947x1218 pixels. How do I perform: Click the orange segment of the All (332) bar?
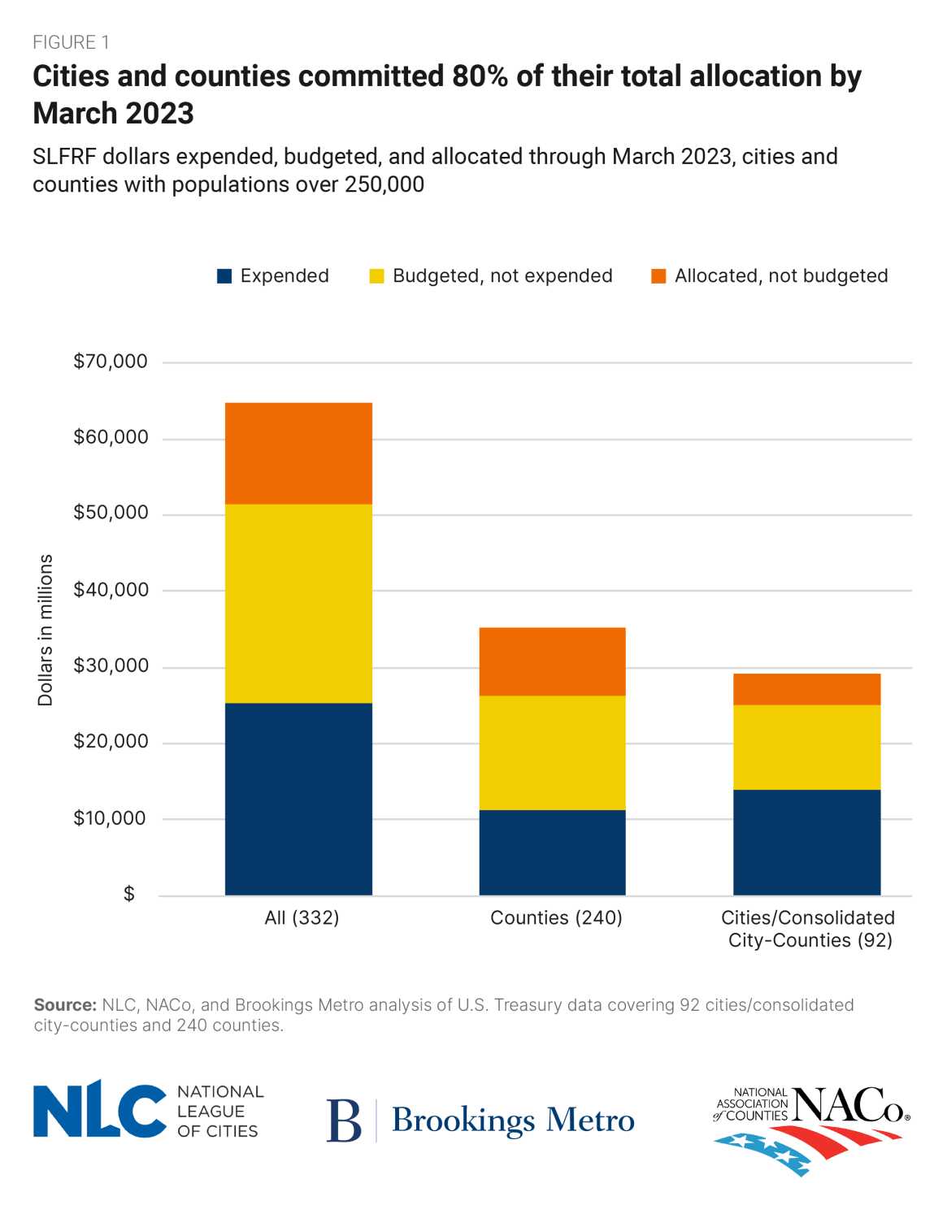tap(298, 453)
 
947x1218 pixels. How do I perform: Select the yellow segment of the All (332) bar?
tap(298, 603)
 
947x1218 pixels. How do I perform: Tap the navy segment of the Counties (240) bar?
tap(552, 852)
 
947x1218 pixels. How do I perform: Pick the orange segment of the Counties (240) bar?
tap(552, 661)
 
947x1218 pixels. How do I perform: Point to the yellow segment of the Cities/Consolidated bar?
tap(806, 747)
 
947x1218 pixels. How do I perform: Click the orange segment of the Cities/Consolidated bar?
tap(806, 689)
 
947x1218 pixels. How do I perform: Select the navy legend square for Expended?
tap(224, 276)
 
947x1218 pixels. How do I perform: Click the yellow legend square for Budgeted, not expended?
tap(376, 276)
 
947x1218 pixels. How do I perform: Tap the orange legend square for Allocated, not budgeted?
tap(658, 276)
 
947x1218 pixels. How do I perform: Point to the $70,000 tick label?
tap(111, 362)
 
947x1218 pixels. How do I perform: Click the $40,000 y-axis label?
tap(111, 590)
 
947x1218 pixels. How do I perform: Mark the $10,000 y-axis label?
tap(111, 818)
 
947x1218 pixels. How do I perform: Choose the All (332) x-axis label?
tap(302, 918)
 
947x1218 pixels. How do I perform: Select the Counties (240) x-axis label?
tap(556, 918)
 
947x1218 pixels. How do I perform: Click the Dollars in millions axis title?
tap(46, 630)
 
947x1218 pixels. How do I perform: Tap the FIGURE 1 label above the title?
tap(71, 42)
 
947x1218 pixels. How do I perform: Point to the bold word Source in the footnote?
tap(65, 1005)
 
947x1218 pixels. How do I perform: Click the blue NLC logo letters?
tap(99, 1109)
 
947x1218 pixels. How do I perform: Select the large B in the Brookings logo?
tap(344, 1120)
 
